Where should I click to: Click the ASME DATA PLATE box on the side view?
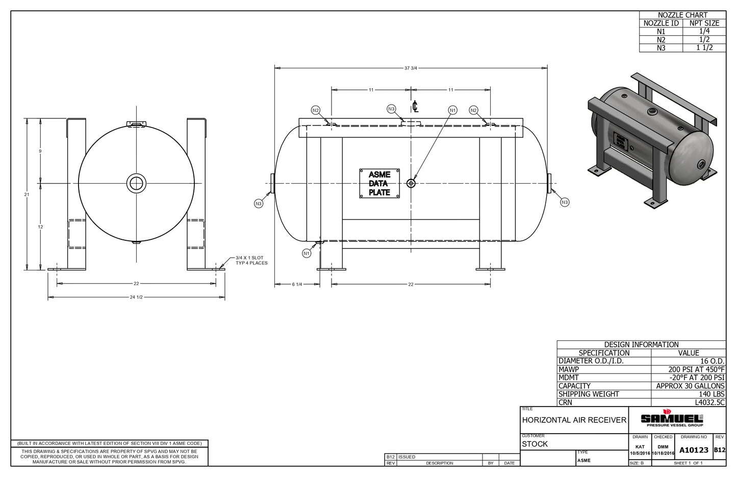379,183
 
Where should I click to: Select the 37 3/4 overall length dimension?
411,68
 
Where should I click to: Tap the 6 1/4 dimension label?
297,285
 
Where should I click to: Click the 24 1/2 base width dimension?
136,297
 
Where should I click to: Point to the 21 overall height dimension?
27,194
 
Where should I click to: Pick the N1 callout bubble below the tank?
307,254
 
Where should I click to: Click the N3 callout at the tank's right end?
565,202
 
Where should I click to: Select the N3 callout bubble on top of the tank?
391,109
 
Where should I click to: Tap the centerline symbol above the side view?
415,106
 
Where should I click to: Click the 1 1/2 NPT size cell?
704,48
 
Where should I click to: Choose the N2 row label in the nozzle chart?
661,40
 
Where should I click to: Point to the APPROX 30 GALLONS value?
690,386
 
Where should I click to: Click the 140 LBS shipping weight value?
711,394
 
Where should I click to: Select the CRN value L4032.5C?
709,403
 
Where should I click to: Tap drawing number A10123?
694,450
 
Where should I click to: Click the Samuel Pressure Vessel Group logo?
672,418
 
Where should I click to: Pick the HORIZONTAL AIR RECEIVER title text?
574,420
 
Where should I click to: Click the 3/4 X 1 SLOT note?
251,260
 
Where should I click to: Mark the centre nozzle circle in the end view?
137,183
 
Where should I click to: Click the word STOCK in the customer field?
535,444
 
